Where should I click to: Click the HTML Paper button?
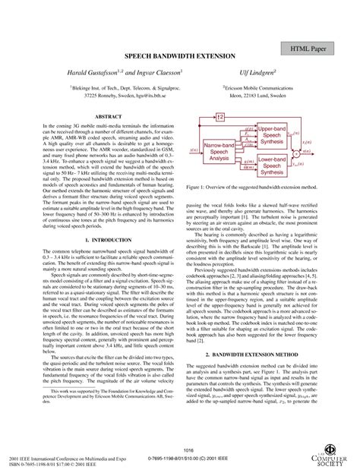313,48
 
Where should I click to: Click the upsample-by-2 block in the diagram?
219,117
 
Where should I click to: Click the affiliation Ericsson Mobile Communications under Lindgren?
261,88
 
